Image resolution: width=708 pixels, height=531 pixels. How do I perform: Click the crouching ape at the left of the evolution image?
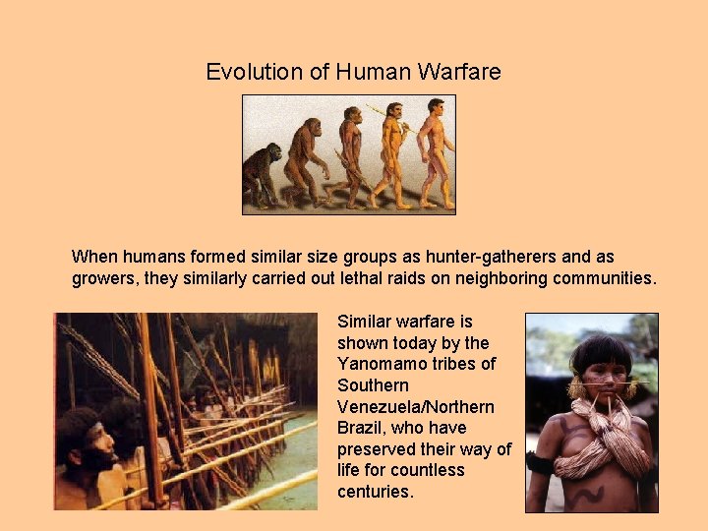pos(262,175)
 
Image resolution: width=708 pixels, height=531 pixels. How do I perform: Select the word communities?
pos(603,278)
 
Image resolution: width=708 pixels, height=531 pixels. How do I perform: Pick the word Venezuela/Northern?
pos(416,407)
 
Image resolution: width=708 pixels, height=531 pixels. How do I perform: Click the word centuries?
pos(375,492)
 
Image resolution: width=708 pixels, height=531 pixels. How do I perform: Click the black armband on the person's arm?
pos(537,463)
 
